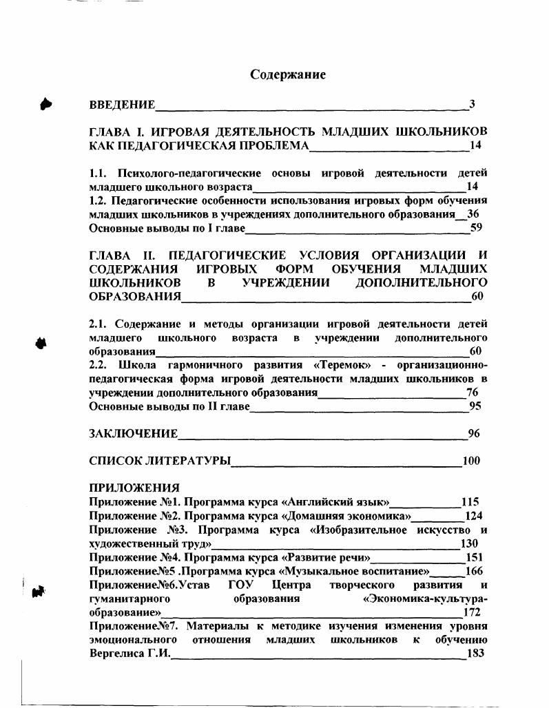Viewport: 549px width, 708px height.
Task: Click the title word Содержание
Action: coord(287,74)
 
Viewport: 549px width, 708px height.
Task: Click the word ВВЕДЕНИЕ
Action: coord(123,105)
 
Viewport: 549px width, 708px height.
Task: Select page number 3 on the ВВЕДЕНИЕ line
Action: coord(472,105)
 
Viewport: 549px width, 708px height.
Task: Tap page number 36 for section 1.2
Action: coord(473,214)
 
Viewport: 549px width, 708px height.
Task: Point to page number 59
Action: coord(475,228)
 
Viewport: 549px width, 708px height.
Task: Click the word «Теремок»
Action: coord(344,365)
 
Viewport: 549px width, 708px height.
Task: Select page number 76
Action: coord(472,393)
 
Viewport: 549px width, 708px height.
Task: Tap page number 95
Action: coord(475,406)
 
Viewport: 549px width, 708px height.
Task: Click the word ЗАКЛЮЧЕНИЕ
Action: coord(134,434)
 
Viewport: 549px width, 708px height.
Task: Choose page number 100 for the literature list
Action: coord(470,461)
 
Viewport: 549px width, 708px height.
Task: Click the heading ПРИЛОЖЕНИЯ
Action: coord(134,488)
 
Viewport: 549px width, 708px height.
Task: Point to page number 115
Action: coord(470,502)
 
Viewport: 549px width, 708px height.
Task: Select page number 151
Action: coord(474,557)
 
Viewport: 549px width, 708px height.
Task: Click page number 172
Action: coord(472,612)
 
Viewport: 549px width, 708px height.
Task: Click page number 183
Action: coord(475,654)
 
